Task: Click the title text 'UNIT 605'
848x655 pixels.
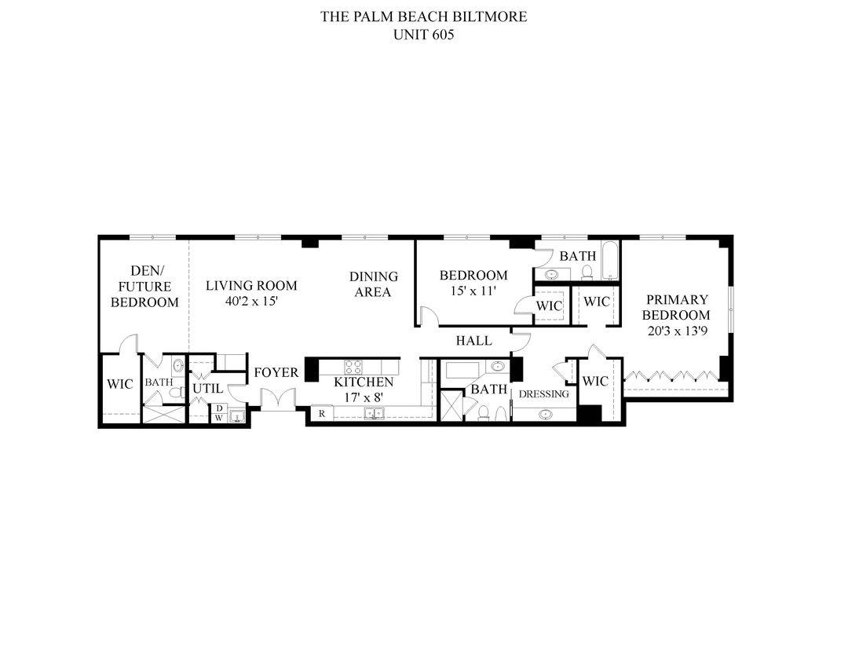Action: (x=423, y=35)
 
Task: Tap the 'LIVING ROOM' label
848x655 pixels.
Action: (x=251, y=285)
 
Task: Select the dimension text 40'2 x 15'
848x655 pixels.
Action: (x=251, y=300)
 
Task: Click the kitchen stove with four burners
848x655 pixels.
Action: (x=353, y=366)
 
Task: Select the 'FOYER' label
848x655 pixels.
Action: (x=276, y=372)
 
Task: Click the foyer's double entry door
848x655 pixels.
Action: (x=277, y=400)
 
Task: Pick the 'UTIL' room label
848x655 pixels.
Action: (x=208, y=388)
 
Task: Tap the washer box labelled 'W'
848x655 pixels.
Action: (x=219, y=418)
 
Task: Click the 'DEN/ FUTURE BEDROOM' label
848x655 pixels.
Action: (x=144, y=286)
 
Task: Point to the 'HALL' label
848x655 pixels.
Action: (x=474, y=340)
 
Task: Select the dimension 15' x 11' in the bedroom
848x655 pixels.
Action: (x=473, y=291)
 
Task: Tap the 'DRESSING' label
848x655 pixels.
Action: (x=543, y=393)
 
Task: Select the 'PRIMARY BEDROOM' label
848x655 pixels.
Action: (x=676, y=307)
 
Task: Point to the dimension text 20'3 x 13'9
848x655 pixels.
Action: (x=676, y=331)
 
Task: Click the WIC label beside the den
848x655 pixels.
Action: (x=119, y=384)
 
